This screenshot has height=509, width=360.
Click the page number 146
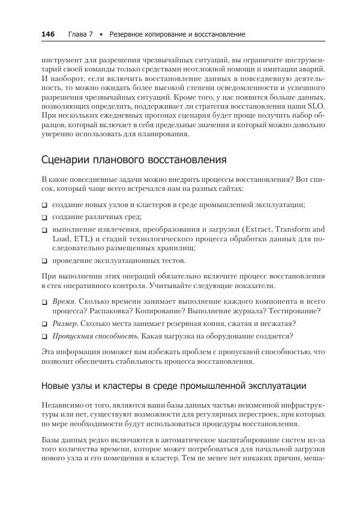48,34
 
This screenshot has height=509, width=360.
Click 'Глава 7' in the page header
80,34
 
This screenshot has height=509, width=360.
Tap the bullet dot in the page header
101,35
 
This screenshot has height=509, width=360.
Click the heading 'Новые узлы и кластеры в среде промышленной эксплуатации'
173,385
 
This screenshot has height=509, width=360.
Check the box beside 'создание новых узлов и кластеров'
45,205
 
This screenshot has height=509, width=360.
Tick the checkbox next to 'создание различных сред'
45,217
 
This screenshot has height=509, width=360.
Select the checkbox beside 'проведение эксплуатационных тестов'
45,261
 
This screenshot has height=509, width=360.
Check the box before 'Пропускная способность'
45,337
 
